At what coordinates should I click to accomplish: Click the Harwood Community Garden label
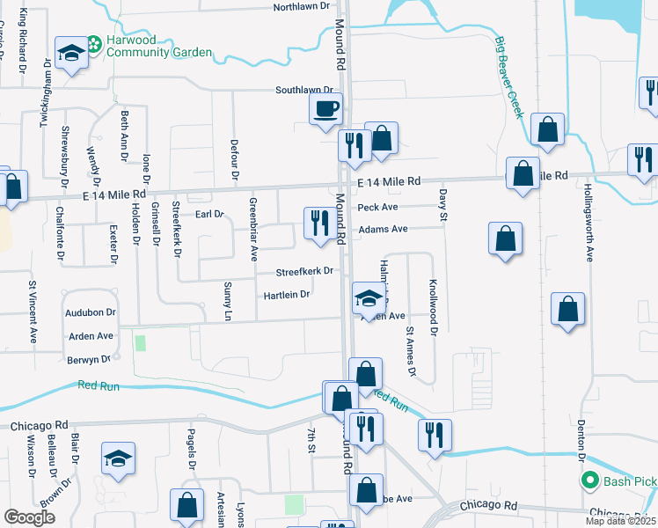click(x=159, y=46)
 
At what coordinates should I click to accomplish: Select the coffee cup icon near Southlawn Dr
click(x=325, y=108)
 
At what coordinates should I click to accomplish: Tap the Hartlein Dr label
click(x=287, y=295)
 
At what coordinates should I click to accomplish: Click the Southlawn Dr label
click(x=304, y=90)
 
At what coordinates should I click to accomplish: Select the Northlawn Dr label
click(x=301, y=6)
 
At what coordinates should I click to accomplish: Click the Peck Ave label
click(x=378, y=208)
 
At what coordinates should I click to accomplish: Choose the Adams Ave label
click(x=383, y=229)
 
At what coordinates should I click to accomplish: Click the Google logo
click(x=29, y=517)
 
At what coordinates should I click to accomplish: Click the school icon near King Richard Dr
click(x=69, y=53)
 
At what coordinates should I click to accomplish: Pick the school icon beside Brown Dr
click(x=118, y=459)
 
